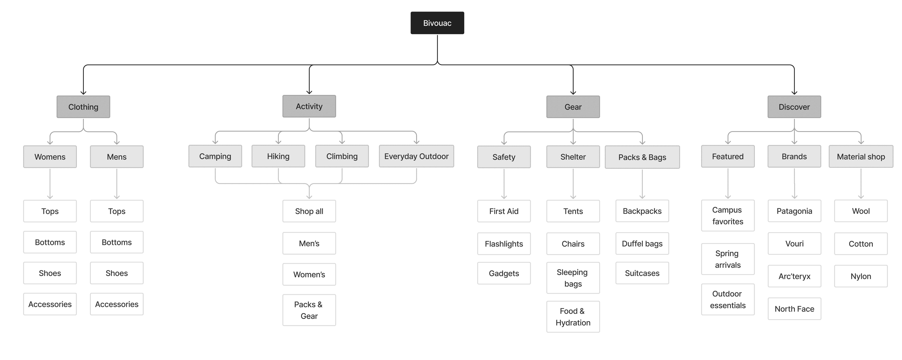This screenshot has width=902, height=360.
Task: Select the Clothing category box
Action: [x=83, y=107]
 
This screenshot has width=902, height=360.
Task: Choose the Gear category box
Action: [x=573, y=107]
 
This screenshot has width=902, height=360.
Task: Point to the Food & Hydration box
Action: [x=573, y=317]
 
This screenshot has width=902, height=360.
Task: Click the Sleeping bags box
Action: [x=573, y=278]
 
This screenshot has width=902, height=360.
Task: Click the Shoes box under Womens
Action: [x=50, y=273]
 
